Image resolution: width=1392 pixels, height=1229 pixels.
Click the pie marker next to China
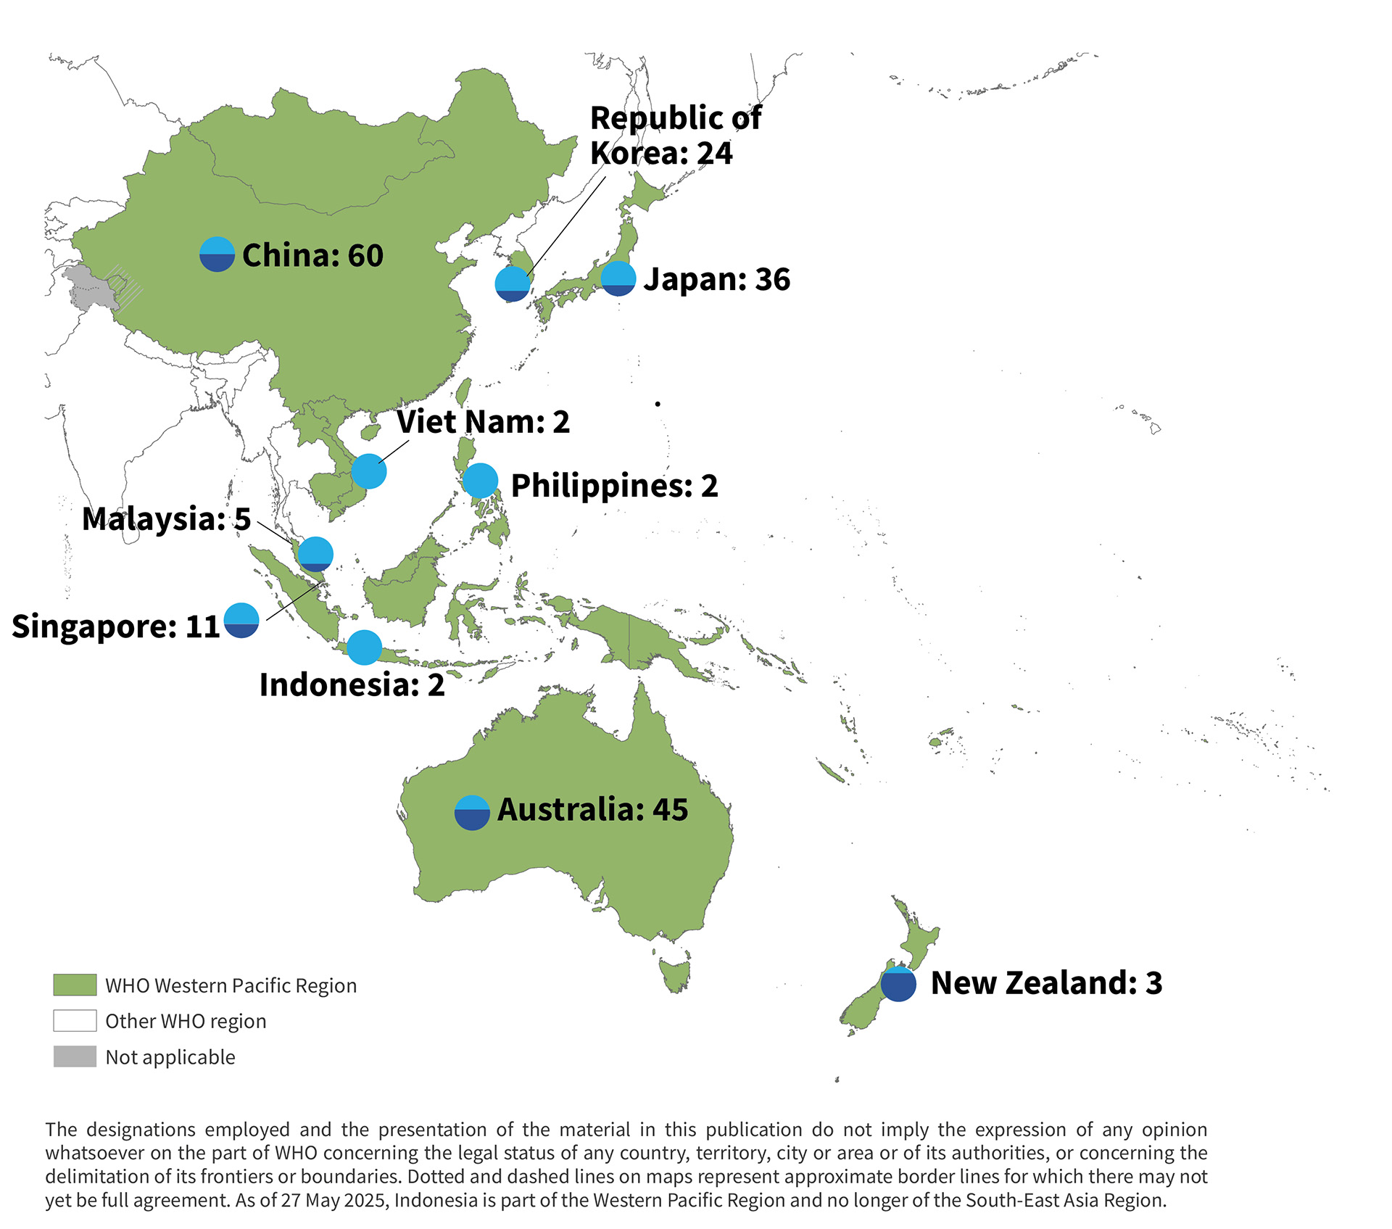[x=217, y=255]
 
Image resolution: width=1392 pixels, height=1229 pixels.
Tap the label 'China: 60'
[x=312, y=256]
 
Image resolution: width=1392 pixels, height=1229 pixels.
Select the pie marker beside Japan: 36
[x=618, y=278]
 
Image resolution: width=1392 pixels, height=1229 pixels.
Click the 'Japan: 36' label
[x=716, y=280]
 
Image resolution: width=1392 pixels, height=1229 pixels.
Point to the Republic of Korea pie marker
[x=513, y=284]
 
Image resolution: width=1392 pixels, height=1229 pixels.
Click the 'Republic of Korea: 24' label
[x=674, y=136]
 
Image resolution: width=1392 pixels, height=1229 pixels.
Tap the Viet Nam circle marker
[x=369, y=471]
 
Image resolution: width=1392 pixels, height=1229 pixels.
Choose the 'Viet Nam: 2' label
[x=483, y=422]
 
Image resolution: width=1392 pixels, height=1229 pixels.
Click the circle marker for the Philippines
[x=480, y=480]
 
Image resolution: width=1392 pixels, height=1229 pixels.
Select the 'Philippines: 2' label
[x=614, y=486]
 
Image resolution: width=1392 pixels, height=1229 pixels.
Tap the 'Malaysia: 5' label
[x=166, y=519]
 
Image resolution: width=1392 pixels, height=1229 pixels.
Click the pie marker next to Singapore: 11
[x=241, y=621]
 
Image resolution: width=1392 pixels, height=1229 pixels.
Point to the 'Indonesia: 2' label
[x=352, y=685]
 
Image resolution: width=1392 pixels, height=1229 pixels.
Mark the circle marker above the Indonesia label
[x=364, y=647]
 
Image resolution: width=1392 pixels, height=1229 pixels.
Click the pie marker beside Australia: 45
[x=472, y=813]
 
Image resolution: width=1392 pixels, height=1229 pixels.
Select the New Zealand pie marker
[x=898, y=984]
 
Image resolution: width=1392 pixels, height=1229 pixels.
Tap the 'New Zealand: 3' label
[x=1046, y=983]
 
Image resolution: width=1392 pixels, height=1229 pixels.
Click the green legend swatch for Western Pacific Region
[x=75, y=985]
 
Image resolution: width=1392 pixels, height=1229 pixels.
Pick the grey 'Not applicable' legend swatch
[x=75, y=1056]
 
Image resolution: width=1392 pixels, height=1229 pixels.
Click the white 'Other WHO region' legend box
[x=75, y=1020]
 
